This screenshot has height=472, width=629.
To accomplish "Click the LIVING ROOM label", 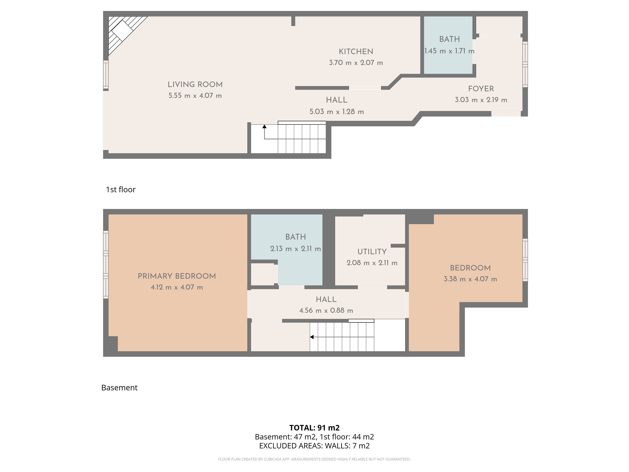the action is [x=195, y=85].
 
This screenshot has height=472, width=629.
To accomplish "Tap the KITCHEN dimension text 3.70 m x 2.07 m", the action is [x=356, y=63].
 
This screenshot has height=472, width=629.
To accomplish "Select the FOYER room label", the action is [x=481, y=89].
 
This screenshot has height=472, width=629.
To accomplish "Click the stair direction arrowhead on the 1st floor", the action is [x=264, y=126].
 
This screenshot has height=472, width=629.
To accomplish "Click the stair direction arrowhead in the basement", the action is [x=312, y=337].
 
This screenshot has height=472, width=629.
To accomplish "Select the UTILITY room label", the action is [x=372, y=252].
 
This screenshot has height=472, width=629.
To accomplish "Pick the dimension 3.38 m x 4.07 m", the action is [x=470, y=279].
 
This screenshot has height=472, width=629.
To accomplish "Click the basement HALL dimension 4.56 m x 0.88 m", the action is [x=326, y=310].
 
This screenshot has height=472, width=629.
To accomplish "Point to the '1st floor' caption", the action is [x=121, y=189].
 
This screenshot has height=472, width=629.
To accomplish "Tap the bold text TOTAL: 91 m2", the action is [x=314, y=428].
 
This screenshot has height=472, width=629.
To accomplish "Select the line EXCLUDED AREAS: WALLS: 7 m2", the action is [x=314, y=446].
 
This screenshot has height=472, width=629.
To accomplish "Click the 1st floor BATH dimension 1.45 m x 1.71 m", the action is [x=450, y=51].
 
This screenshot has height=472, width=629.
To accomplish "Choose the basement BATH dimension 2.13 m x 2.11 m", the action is [x=296, y=249].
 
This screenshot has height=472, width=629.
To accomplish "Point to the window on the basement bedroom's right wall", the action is [x=525, y=260].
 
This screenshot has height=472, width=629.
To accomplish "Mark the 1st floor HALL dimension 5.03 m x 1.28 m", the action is [x=337, y=112].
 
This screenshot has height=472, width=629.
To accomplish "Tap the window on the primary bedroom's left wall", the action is [x=106, y=265].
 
